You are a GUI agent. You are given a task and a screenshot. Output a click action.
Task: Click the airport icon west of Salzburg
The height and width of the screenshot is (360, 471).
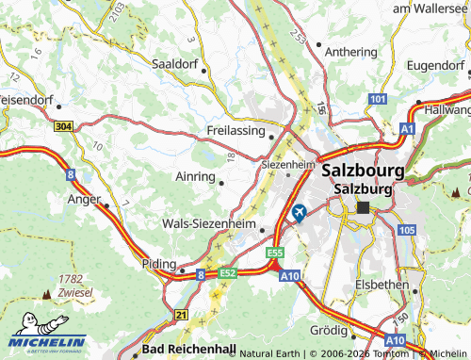coord(300,212)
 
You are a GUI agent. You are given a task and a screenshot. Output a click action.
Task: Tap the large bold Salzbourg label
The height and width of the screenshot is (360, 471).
coord(363,172)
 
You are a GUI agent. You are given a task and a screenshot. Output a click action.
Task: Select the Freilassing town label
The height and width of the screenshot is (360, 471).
coord(235,130)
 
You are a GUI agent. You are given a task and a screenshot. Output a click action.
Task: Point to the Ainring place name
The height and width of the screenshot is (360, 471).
coord(195,175)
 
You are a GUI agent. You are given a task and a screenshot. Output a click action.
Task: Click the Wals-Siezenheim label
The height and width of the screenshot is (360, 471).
coord(209,224)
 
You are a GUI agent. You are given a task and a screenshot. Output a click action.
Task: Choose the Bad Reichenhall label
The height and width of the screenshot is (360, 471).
coord(189,349)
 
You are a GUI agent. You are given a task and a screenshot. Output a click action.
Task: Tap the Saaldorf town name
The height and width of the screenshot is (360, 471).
coord(177,64)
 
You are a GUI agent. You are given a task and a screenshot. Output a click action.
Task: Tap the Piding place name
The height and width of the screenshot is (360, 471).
coord(157,264)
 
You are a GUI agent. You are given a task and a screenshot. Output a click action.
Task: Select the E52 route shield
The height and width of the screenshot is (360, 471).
coord(228,273)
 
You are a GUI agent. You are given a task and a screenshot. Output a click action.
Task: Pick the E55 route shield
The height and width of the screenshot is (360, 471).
coord(275,254)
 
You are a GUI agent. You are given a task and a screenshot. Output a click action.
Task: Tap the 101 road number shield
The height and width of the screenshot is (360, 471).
coord(378,99)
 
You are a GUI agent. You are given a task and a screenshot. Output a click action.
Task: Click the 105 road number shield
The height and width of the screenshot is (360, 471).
coord(406,230)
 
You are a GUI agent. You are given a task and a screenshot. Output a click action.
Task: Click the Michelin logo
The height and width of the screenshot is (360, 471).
coord(47,340)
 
